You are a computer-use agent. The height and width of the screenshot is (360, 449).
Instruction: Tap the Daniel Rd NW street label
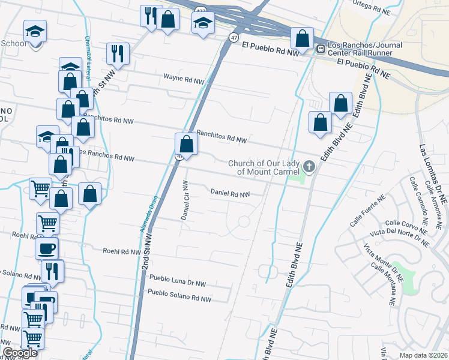[230, 194]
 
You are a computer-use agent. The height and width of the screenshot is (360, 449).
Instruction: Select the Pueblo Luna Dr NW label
[177, 278]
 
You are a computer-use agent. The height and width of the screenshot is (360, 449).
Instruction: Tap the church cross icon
[309, 166]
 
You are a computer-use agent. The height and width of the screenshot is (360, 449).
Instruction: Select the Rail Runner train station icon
[321, 49]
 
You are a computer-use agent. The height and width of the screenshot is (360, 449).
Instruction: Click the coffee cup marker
[47, 248]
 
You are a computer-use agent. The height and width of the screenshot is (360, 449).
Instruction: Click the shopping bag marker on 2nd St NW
[187, 145]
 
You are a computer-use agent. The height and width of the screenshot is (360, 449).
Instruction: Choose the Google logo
[20, 353]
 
